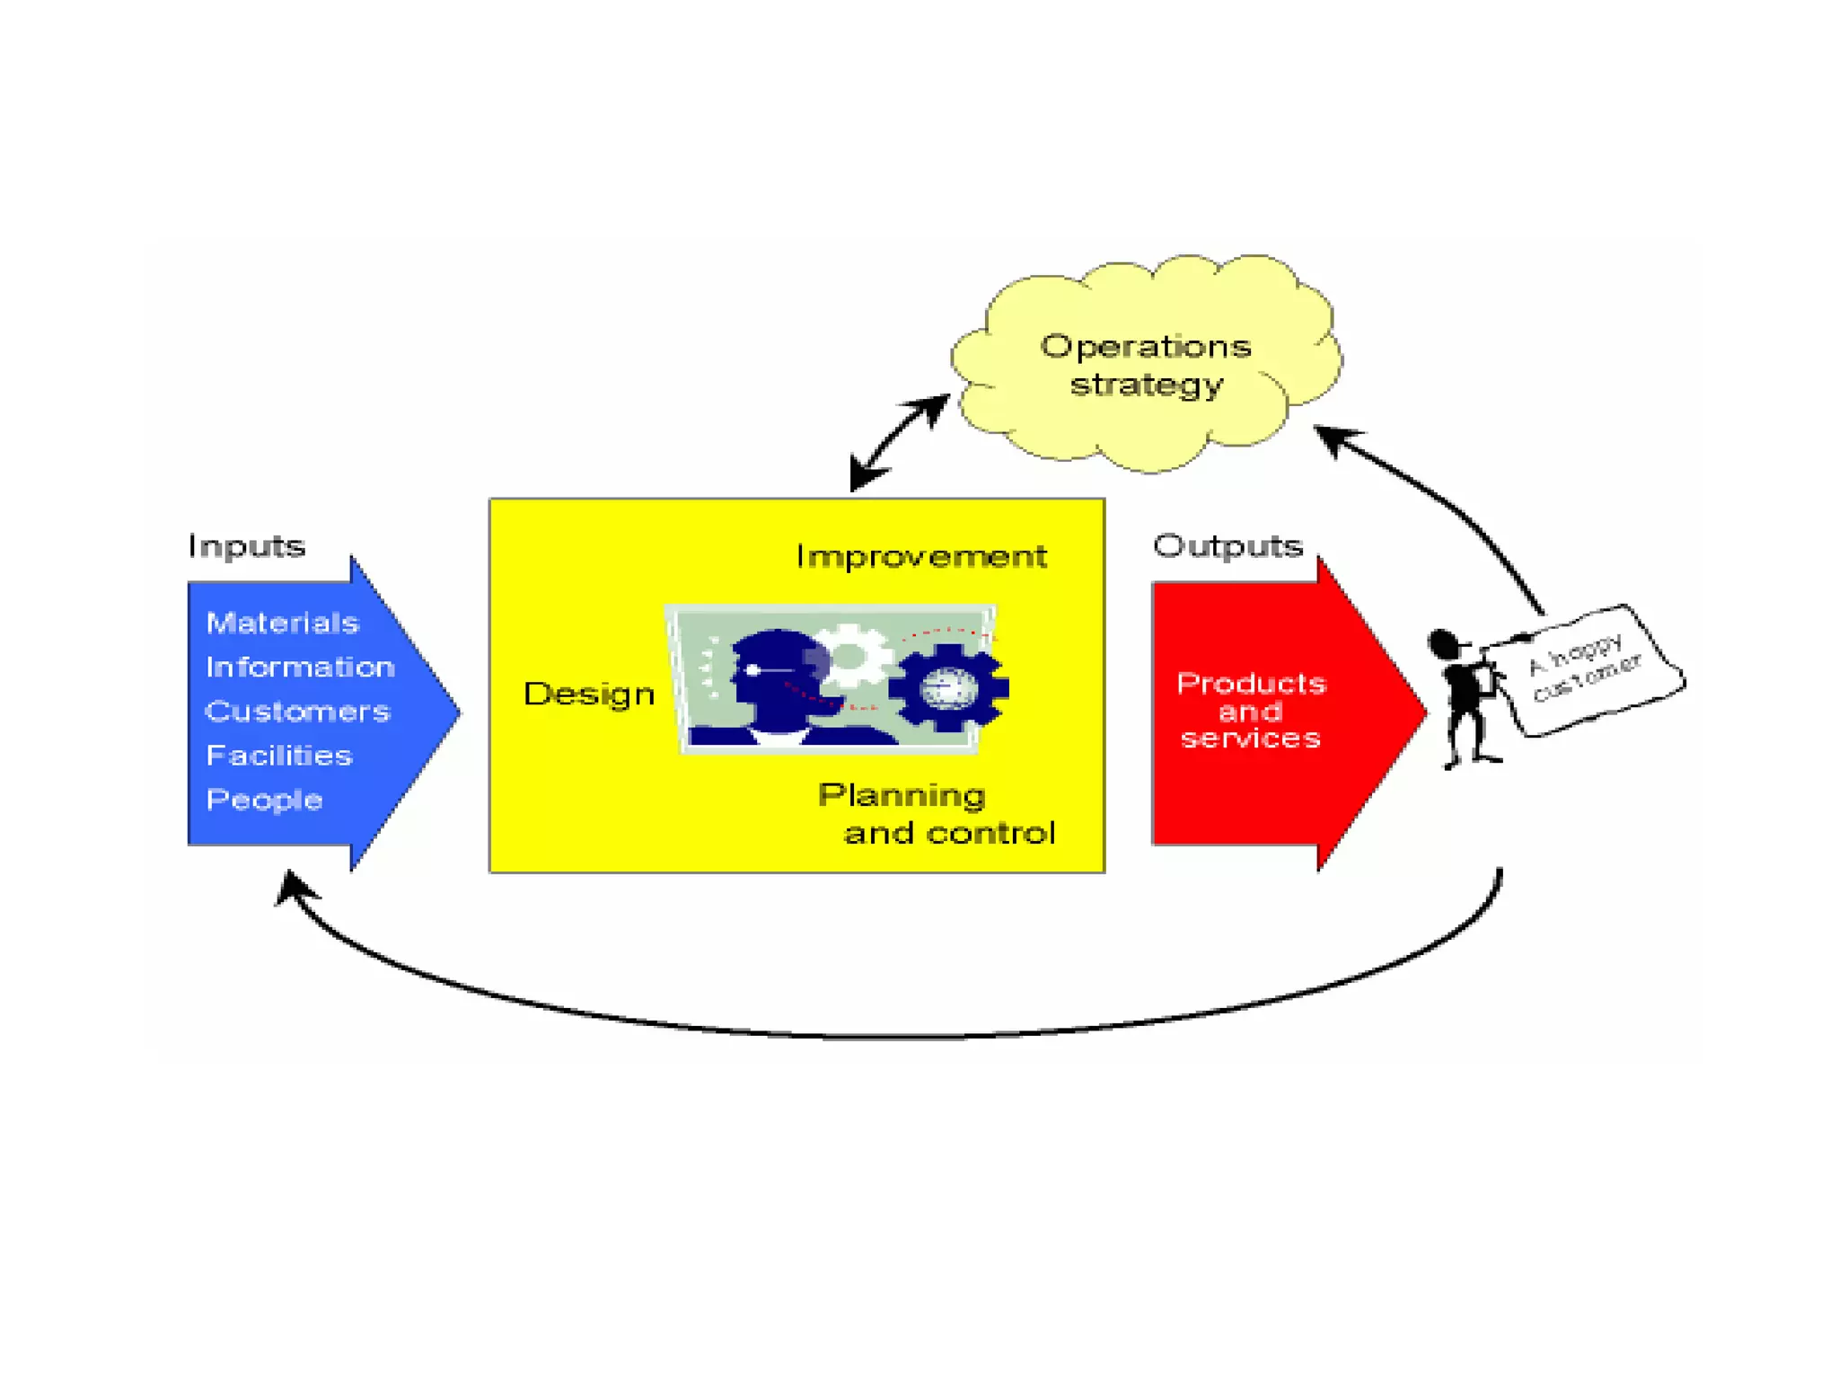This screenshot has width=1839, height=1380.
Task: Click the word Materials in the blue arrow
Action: (282, 623)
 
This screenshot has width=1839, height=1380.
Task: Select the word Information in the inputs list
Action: (300, 667)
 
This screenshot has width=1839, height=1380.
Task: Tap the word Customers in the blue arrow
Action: (297, 712)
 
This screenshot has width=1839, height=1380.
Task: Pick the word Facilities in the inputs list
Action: (278, 756)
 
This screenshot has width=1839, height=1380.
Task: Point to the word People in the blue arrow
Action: (264, 800)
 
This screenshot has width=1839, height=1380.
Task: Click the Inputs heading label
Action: (247, 546)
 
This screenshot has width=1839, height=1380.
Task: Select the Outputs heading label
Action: (1227, 546)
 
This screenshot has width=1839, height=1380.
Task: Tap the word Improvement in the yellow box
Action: (921, 556)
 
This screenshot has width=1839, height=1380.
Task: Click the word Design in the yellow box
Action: (589, 694)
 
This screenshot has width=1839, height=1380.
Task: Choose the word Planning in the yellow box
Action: (902, 795)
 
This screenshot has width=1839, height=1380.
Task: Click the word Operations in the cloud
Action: (1146, 347)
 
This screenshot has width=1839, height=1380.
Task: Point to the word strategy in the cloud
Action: (1147, 385)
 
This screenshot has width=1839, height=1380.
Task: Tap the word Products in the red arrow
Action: (1251, 684)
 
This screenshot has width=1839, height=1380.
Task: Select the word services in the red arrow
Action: (1251, 739)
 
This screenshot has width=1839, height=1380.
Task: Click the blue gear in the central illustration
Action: (948, 687)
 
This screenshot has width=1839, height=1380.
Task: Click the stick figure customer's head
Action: (1443, 644)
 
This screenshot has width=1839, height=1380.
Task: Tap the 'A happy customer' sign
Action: (1585, 669)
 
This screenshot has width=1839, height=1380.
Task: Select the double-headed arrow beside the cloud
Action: (899, 443)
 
